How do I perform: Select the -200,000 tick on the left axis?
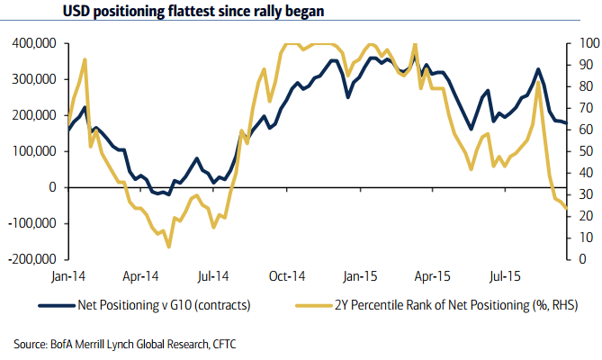click(31, 259)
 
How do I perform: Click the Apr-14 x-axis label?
click(140, 278)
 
